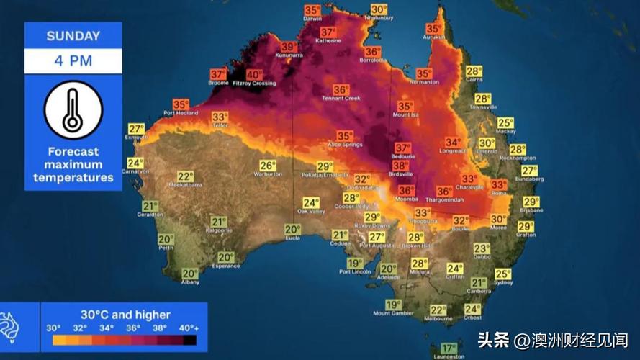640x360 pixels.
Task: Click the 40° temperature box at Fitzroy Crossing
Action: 254,74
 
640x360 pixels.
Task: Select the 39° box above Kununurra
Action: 289,47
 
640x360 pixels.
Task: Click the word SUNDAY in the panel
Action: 73,36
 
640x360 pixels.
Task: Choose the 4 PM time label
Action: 73,60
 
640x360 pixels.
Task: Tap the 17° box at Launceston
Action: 449,348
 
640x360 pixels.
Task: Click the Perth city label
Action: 166,248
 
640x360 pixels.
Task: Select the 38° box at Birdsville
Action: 400,165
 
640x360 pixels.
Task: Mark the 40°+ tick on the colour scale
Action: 189,328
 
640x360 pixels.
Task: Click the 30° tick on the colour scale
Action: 53,328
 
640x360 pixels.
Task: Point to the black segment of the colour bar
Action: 189,340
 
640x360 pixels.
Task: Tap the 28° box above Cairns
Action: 473,71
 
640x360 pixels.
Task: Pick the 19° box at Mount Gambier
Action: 393,305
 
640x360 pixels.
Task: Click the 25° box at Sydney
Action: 502,274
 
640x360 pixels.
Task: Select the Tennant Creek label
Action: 341,99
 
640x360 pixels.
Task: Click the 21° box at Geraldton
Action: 150,206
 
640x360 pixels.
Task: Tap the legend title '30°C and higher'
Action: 125,315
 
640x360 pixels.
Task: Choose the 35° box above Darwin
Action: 312,10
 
